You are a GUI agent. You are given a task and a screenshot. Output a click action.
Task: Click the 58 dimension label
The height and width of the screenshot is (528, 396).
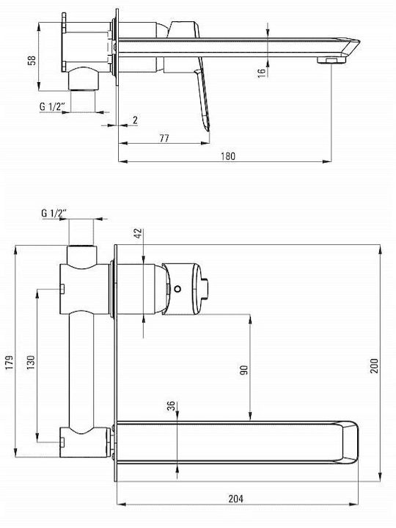click(x=32, y=61)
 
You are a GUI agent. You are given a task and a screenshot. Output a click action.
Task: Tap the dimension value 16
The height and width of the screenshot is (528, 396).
click(x=262, y=73)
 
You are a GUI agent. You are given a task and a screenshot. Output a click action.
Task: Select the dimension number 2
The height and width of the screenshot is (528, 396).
click(x=135, y=120)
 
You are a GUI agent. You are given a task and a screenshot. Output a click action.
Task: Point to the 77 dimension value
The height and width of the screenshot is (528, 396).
click(x=164, y=138)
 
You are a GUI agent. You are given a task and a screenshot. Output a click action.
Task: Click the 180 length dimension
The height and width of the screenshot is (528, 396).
click(x=228, y=156)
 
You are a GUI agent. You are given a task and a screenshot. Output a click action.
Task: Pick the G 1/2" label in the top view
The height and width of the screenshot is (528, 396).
click(x=52, y=106)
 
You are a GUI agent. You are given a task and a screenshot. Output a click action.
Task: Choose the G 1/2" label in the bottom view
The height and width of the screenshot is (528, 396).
click(x=54, y=213)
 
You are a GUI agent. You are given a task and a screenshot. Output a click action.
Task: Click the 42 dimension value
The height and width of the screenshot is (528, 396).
click(x=139, y=234)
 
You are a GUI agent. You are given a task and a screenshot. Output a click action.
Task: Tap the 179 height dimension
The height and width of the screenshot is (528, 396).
click(x=10, y=362)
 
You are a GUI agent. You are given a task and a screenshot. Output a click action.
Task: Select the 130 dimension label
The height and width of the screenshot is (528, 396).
click(x=31, y=362)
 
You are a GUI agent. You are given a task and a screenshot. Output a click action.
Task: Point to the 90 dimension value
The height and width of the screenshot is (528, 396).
click(x=243, y=370)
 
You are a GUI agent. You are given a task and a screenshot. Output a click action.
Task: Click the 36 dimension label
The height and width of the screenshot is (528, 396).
click(x=172, y=406)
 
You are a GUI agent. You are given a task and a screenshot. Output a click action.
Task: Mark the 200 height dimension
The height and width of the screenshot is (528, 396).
click(x=374, y=366)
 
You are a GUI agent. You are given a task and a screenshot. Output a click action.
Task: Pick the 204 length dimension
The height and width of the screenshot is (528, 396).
click(x=235, y=499)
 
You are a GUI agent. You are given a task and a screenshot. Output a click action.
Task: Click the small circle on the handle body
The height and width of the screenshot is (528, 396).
click(x=177, y=289)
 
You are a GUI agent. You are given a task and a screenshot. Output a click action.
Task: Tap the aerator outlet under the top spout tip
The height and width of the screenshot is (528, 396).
click(x=331, y=60)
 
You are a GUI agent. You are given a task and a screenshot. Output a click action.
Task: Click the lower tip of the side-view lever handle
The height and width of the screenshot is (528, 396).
click(x=208, y=128)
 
